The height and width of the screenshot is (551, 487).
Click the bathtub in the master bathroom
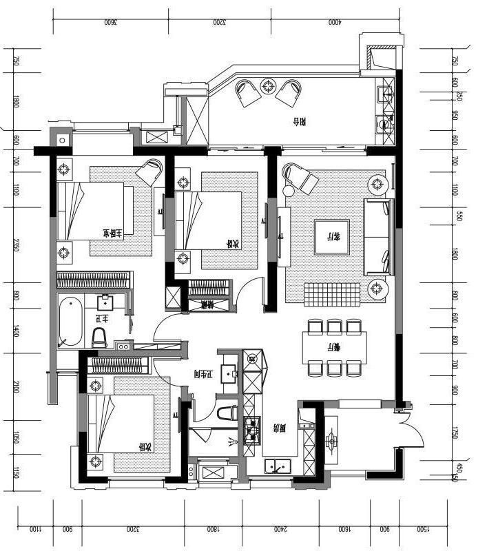pyautogui.click(x=70, y=322)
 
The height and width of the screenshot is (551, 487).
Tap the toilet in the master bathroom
pyautogui.click(x=100, y=336)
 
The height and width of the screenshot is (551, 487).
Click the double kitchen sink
pyautogui.click(x=278, y=466)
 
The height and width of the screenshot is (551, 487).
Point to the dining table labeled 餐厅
pyautogui.click(x=334, y=346)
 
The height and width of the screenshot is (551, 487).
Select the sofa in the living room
pyautogui.click(x=379, y=236)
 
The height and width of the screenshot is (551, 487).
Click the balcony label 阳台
pyautogui.click(x=298, y=123)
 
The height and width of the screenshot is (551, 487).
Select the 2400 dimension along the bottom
pyautogui.click(x=278, y=530)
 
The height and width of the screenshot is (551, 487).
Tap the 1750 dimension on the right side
pyautogui.click(x=455, y=432)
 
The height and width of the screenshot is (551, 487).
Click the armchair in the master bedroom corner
pyautogui.click(x=149, y=171)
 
